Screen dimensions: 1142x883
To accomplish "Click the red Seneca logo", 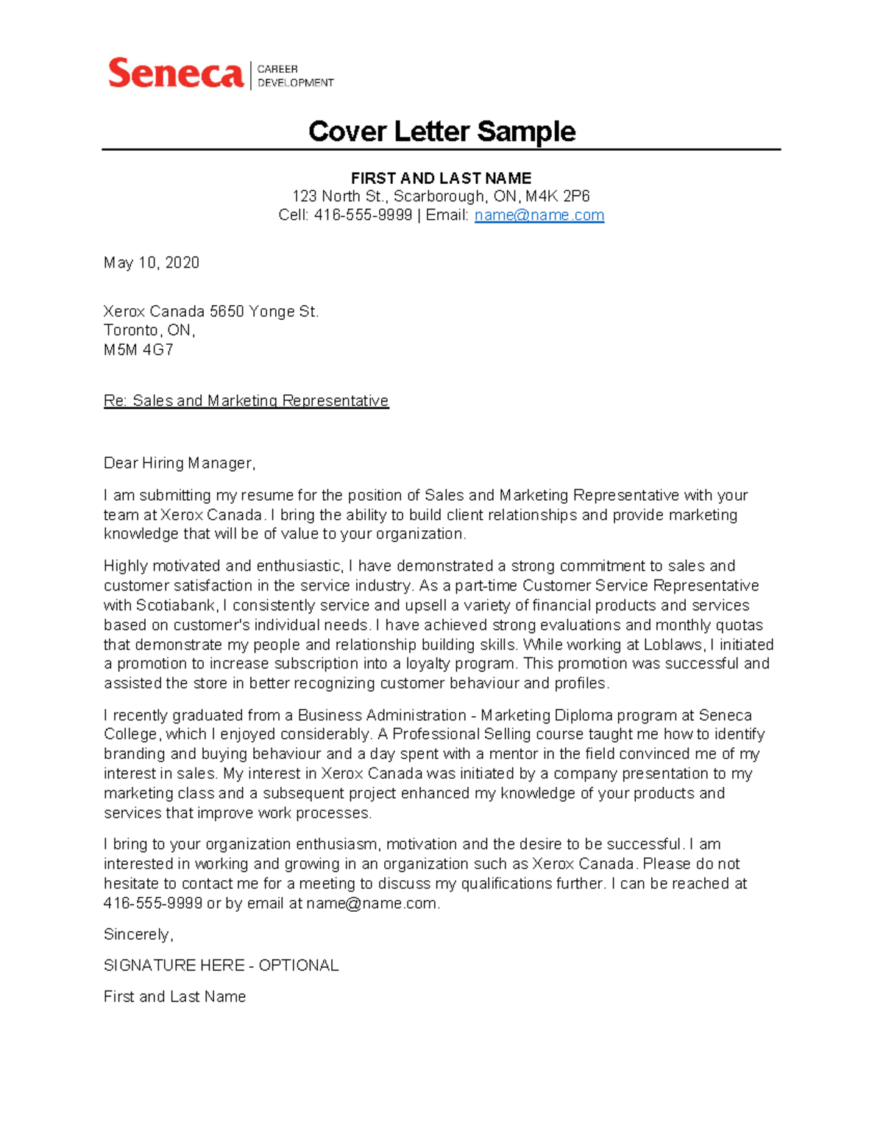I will [175, 74].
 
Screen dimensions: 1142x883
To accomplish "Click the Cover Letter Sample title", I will [441, 132].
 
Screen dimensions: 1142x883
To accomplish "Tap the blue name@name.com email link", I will [539, 215].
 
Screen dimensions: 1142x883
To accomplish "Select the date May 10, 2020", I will [152, 263].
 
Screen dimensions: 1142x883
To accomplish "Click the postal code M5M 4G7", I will [138, 350].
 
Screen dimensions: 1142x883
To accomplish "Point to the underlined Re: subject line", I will [246, 401].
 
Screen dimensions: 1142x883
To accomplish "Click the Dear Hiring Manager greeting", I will [179, 463].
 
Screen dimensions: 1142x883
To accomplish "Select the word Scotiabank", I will [175, 605].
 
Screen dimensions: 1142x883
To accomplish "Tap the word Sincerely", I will [138, 935].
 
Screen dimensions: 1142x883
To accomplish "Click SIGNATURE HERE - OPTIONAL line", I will [221, 966].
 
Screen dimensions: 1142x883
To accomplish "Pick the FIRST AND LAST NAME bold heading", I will [441, 179].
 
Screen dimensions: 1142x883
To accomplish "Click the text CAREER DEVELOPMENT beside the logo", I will [294, 76].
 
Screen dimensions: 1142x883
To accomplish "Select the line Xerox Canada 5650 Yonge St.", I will [211, 312].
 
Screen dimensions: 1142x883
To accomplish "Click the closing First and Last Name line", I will [174, 997].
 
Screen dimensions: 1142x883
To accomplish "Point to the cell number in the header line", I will [363, 215].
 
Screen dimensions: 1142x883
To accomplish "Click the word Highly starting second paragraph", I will [126, 566].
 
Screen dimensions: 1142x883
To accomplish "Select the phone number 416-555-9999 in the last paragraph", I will [153, 904].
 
